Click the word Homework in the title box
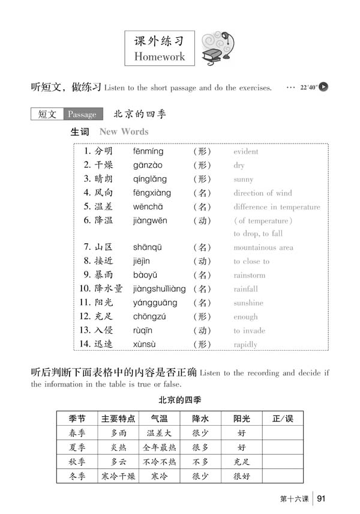tap(160, 56)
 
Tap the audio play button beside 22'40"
tap(324, 87)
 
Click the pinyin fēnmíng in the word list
tap(148, 151)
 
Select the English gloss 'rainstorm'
tap(249, 276)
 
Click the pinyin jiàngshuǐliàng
tap(159, 289)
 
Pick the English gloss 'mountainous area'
tap(263, 247)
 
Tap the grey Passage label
tap(82, 114)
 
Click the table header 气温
tap(159, 419)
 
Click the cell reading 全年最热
tap(159, 447)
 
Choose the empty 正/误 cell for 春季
tap(282, 433)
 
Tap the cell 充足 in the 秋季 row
tap(241, 462)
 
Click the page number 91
tap(322, 498)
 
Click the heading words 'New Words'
tap(124, 132)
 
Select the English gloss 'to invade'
tap(249, 331)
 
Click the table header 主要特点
tap(118, 419)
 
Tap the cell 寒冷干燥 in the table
tap(118, 476)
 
